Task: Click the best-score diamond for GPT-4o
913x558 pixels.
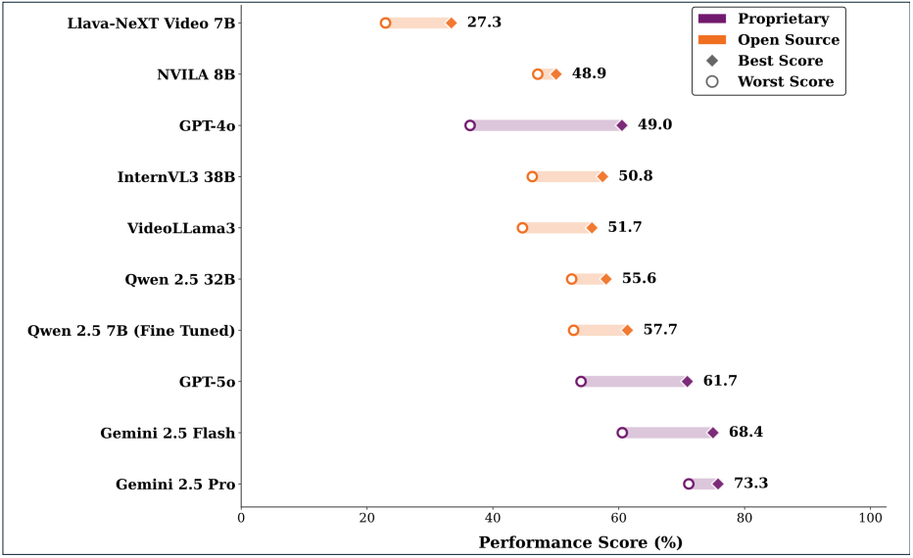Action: point(621,125)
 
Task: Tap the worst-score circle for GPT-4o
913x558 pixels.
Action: point(470,125)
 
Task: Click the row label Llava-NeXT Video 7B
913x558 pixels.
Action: point(153,23)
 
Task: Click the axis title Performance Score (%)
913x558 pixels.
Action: point(580,541)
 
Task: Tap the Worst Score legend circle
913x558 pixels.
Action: point(712,81)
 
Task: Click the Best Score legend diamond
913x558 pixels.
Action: point(712,61)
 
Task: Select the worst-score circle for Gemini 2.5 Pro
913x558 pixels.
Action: point(689,484)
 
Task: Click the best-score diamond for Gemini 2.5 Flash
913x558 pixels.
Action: point(712,433)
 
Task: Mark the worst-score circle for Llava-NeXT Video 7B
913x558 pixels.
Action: point(385,23)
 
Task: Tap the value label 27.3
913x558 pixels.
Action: point(484,23)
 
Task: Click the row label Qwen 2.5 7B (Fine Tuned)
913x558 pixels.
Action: point(132,330)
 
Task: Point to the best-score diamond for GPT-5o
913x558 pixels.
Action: point(687,382)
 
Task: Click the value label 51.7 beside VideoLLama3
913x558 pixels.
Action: point(625,227)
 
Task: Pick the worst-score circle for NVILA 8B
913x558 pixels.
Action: point(538,74)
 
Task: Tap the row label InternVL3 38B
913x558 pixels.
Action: point(176,176)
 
